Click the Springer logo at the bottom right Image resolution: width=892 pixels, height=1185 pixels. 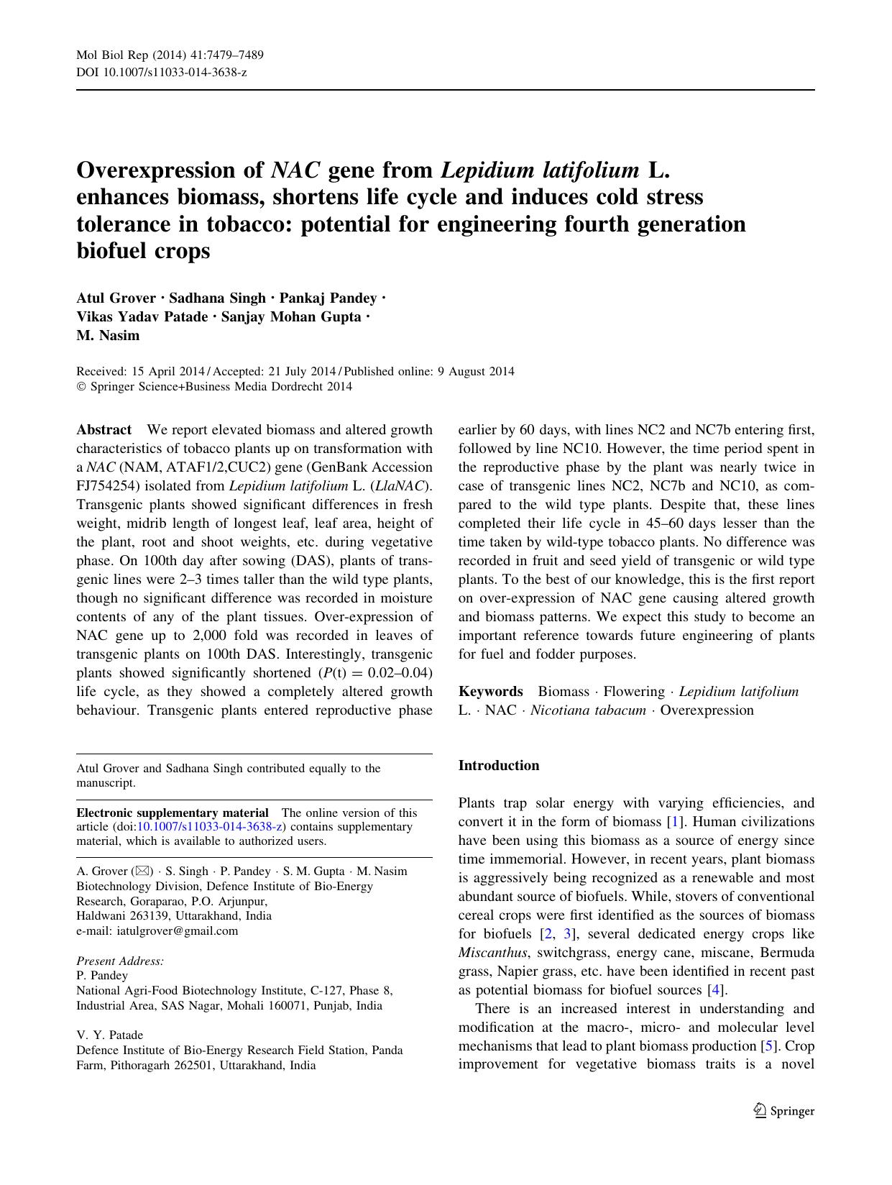click(x=784, y=1111)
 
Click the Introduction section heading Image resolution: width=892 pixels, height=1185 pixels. click(x=498, y=766)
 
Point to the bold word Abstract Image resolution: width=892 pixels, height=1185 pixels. click(x=104, y=430)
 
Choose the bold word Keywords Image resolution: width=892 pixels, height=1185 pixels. click(x=490, y=692)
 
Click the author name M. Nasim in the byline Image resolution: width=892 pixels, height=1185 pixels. click(x=108, y=336)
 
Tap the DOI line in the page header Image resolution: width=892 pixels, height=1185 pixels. click(x=161, y=73)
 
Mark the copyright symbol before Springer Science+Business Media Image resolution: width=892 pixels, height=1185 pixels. click(x=81, y=387)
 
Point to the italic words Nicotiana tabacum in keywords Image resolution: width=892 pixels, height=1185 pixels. click(x=587, y=710)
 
